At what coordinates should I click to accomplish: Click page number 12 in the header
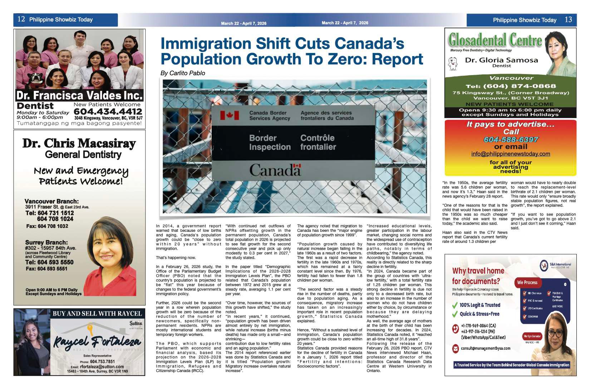(x=21, y=19)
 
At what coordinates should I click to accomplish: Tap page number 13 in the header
(x=568, y=20)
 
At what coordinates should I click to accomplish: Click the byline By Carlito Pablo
(x=183, y=73)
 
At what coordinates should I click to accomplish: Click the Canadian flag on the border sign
(x=229, y=115)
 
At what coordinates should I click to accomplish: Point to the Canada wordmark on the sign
(x=275, y=170)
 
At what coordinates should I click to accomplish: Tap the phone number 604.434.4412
(x=108, y=112)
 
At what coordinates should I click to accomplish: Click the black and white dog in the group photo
(x=35, y=78)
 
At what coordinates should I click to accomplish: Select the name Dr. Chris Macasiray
(x=79, y=143)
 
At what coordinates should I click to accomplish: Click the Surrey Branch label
(x=46, y=242)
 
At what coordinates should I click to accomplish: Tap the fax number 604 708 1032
(x=47, y=226)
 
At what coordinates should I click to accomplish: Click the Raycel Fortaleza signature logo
(x=97, y=341)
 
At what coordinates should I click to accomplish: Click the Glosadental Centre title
(x=495, y=40)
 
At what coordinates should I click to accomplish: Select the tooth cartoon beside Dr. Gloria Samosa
(x=452, y=63)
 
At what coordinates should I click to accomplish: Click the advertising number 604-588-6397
(x=511, y=140)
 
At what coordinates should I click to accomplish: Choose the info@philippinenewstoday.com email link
(x=511, y=154)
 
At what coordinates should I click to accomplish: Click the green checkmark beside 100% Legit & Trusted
(x=455, y=305)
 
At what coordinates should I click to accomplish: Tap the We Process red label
(x=527, y=282)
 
